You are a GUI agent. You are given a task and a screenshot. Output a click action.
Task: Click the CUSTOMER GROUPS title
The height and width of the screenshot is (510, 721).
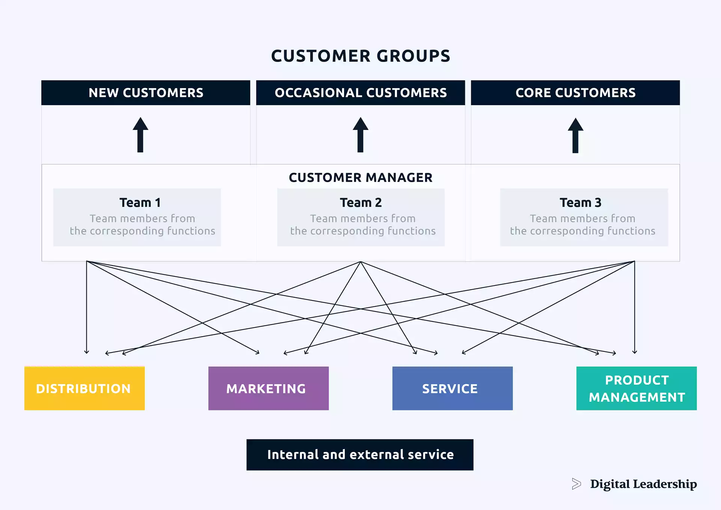point(360,56)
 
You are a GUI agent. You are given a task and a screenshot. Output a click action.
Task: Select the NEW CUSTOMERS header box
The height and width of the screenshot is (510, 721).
point(146,93)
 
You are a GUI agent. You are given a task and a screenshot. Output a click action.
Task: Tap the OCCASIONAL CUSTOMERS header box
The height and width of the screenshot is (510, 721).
point(360,93)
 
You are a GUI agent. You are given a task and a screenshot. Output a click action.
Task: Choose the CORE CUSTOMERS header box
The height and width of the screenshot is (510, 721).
point(575,93)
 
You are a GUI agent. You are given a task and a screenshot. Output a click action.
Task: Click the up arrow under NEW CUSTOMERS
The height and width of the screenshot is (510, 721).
point(140,135)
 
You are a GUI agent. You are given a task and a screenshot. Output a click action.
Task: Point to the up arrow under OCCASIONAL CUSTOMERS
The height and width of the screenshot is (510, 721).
point(360,135)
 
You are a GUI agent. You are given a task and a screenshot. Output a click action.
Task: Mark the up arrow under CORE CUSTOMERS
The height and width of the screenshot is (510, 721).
point(575,136)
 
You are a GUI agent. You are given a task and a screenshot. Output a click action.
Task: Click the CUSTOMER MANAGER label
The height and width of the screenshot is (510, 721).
point(360,178)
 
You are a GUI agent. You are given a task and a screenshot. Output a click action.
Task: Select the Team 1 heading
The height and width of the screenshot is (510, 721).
point(140,203)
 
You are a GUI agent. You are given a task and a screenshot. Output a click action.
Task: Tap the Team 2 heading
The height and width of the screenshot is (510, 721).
point(360,203)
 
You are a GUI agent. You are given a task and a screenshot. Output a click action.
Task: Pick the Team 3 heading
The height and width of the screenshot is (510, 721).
point(581,203)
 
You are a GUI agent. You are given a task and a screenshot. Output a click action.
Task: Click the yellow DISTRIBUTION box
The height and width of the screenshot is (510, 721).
point(84,388)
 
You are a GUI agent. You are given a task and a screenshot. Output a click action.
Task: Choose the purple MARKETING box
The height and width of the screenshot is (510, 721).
point(268,388)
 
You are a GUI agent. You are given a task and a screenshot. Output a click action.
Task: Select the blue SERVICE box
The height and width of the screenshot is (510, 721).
point(453,388)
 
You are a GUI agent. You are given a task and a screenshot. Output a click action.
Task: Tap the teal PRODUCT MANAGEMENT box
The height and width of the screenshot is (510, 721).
point(637,388)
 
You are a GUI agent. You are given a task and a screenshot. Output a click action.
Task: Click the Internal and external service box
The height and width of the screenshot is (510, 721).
point(360,455)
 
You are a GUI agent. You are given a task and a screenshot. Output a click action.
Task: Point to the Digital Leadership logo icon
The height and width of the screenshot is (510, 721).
point(576,484)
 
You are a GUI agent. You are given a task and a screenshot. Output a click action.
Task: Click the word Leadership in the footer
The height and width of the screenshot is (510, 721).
point(665,484)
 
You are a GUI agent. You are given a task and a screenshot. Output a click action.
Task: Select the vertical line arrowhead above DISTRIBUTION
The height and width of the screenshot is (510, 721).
point(87,352)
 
